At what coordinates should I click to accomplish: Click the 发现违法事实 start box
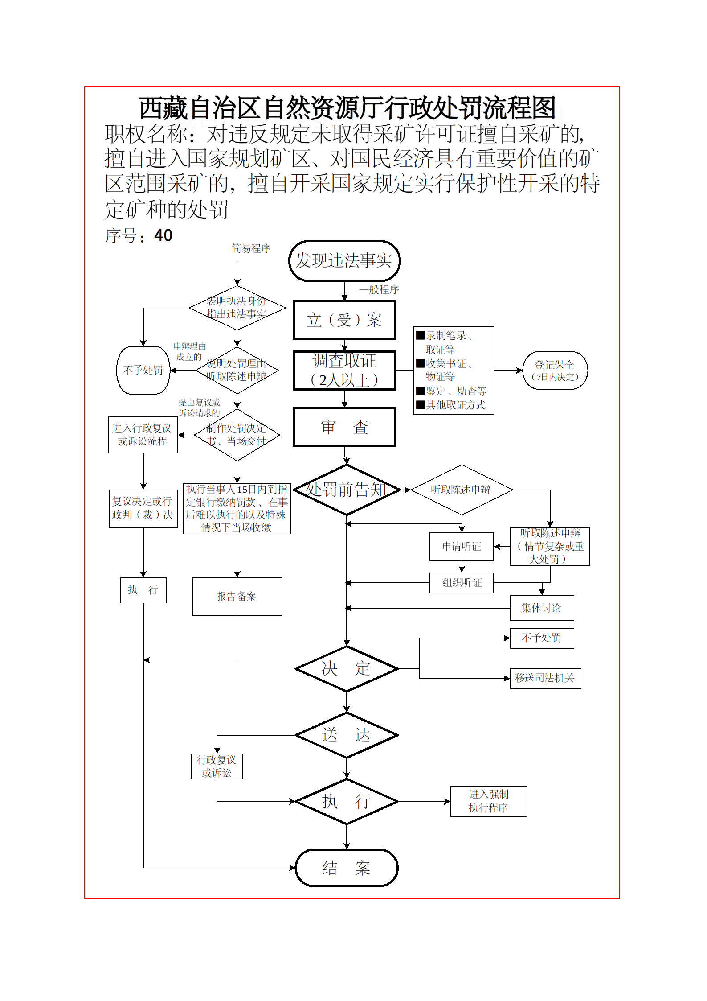344,261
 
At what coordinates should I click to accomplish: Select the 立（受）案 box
344,320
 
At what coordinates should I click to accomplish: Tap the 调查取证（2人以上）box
344,371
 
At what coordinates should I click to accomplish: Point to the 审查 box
344,427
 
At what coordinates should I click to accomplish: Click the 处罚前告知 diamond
346,490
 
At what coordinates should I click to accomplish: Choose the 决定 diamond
346,669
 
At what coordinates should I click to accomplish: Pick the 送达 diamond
346,735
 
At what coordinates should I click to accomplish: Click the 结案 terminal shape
346,868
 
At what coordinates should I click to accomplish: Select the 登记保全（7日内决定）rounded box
555,371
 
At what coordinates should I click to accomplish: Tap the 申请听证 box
462,547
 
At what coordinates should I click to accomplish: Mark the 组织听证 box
462,583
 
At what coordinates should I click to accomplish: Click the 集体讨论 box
542,608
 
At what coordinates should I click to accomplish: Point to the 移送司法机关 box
545,678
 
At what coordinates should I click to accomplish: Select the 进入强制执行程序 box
488,801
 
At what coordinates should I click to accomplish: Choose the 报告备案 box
237,597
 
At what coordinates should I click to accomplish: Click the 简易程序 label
251,248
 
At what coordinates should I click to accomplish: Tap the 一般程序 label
379,290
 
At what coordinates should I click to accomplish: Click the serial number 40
163,236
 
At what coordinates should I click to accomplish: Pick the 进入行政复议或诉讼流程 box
143,435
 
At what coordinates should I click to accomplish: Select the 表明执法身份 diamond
237,308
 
